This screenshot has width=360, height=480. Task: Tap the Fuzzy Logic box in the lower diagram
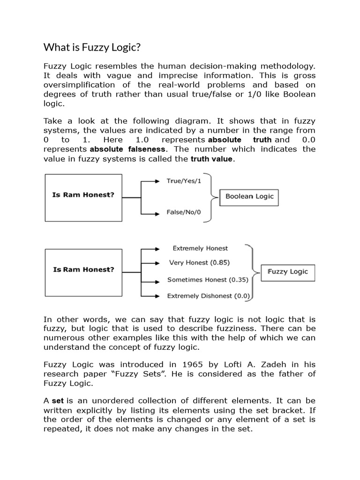click(287, 271)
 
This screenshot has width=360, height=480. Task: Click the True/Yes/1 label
click(184, 180)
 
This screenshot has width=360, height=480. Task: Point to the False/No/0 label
click(183, 212)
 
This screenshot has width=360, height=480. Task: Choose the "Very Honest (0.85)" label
click(199, 263)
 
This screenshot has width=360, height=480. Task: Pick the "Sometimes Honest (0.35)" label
click(204, 280)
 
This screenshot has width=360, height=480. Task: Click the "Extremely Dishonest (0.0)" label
click(209, 296)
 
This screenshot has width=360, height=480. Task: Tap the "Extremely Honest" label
click(200, 248)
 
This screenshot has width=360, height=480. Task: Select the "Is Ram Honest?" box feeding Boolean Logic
click(83, 195)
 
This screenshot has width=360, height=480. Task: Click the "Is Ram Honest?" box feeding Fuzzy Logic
click(83, 270)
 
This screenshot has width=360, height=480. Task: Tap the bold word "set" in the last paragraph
click(58, 400)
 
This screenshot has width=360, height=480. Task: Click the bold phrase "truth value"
click(211, 159)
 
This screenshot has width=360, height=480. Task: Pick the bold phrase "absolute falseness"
click(127, 149)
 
